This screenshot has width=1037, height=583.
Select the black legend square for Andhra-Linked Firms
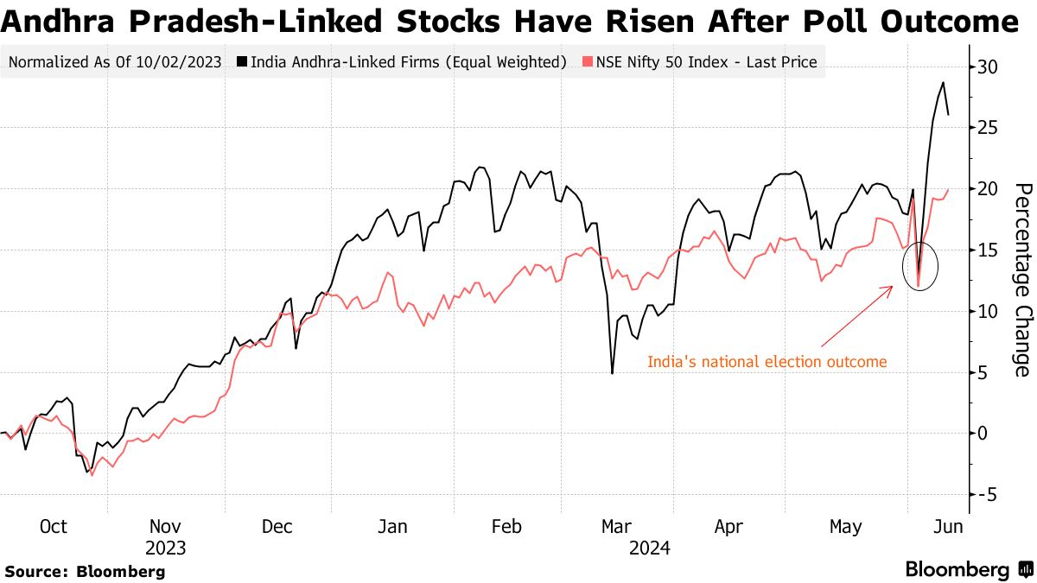(x=242, y=62)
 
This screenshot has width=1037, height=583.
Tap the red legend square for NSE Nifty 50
(x=588, y=62)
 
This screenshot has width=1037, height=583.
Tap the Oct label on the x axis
(x=54, y=527)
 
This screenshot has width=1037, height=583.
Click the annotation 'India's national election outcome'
(x=767, y=362)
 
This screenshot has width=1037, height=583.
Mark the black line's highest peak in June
(x=943, y=83)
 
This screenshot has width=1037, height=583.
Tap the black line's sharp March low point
(x=612, y=373)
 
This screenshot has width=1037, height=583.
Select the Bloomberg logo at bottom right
(x=968, y=569)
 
